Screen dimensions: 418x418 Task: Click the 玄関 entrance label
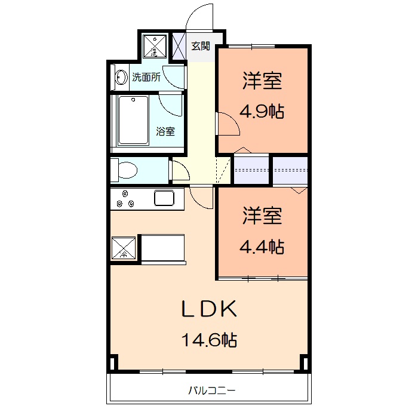click(x=201, y=45)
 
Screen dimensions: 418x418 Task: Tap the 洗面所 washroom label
click(x=146, y=77)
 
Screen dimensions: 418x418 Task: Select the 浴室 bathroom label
click(x=165, y=131)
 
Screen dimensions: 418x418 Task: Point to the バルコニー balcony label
click(x=212, y=391)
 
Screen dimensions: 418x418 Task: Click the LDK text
click(x=210, y=309)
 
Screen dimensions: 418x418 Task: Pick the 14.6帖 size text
click(x=210, y=340)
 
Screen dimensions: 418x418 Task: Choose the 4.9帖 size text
click(x=262, y=112)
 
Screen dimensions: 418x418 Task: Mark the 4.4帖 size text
click(x=262, y=245)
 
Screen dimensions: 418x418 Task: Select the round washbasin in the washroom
click(x=121, y=78)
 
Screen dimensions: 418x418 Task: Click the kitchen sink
click(x=164, y=197)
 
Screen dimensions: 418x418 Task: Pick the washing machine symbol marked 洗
click(x=154, y=45)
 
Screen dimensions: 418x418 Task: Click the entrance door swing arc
click(x=200, y=17)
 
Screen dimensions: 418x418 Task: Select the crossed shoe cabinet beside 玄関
click(x=179, y=46)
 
